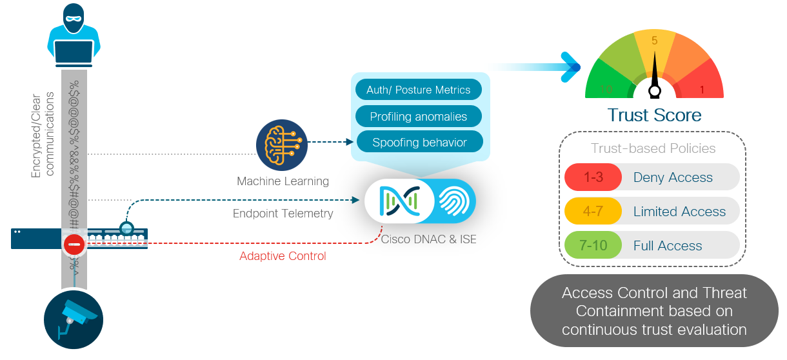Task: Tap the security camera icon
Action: point(74,319)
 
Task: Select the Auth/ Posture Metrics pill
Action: point(418,90)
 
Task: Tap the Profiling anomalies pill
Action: point(418,117)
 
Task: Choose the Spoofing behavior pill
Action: point(419,143)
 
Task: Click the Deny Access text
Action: point(673,177)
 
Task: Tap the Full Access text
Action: point(668,246)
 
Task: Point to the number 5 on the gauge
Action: point(654,41)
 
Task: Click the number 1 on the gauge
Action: point(702,89)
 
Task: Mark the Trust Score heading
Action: point(654,115)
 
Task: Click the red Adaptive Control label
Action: point(283,256)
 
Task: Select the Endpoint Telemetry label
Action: point(283,214)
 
